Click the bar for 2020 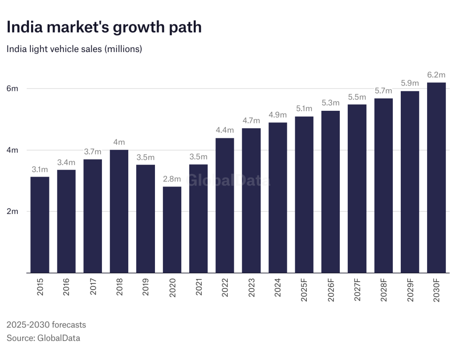click(x=172, y=230)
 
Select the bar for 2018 click(x=119, y=211)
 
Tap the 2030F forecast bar click(x=436, y=178)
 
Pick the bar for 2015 click(x=40, y=225)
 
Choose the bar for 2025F click(x=304, y=194)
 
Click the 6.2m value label click(x=436, y=75)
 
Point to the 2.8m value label click(x=172, y=179)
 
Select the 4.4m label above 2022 click(x=225, y=130)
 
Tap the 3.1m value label click(x=40, y=169)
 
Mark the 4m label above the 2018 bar click(x=119, y=142)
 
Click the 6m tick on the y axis click(x=12, y=89)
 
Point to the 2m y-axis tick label click(x=12, y=211)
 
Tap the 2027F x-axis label click(x=357, y=289)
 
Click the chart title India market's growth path click(x=104, y=27)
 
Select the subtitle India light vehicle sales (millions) click(x=74, y=49)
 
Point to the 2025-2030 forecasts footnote click(x=46, y=324)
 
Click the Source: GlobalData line click(x=43, y=338)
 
